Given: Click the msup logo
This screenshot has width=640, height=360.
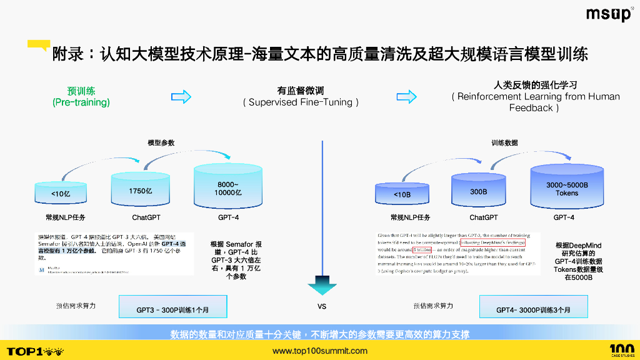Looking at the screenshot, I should [609, 14].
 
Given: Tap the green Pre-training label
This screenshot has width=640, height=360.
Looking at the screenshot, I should [81, 96].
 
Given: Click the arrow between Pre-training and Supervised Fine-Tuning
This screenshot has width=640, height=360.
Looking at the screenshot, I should [181, 96].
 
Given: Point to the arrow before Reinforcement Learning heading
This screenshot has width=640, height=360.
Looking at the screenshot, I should [407, 96].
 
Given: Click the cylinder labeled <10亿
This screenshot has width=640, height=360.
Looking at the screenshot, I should [61, 192].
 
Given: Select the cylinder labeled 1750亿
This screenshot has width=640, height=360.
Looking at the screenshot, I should [140, 188].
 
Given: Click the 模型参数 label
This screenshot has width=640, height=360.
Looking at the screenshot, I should [161, 143].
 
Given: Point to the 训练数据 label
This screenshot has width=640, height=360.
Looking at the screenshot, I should [504, 143].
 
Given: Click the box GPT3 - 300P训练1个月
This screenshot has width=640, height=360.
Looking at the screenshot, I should [173, 307].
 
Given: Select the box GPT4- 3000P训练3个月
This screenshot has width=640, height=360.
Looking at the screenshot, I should [533, 307].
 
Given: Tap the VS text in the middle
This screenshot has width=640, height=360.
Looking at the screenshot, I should [322, 306].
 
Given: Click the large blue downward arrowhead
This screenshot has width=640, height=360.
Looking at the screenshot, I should [322, 287].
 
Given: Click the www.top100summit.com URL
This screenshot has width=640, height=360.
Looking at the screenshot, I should [320, 351].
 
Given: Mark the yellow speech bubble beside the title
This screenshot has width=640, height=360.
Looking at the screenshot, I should [39, 45].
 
